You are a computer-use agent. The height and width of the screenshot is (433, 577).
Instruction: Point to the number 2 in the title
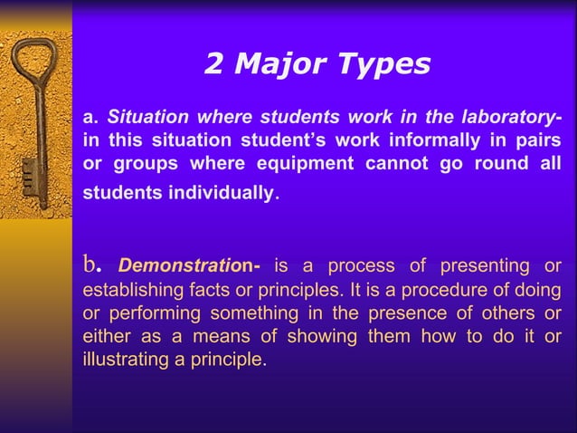click(x=213, y=64)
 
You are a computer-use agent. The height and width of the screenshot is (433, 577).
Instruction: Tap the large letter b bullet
click(x=90, y=265)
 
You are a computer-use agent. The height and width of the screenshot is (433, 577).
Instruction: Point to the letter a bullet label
click(x=89, y=118)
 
